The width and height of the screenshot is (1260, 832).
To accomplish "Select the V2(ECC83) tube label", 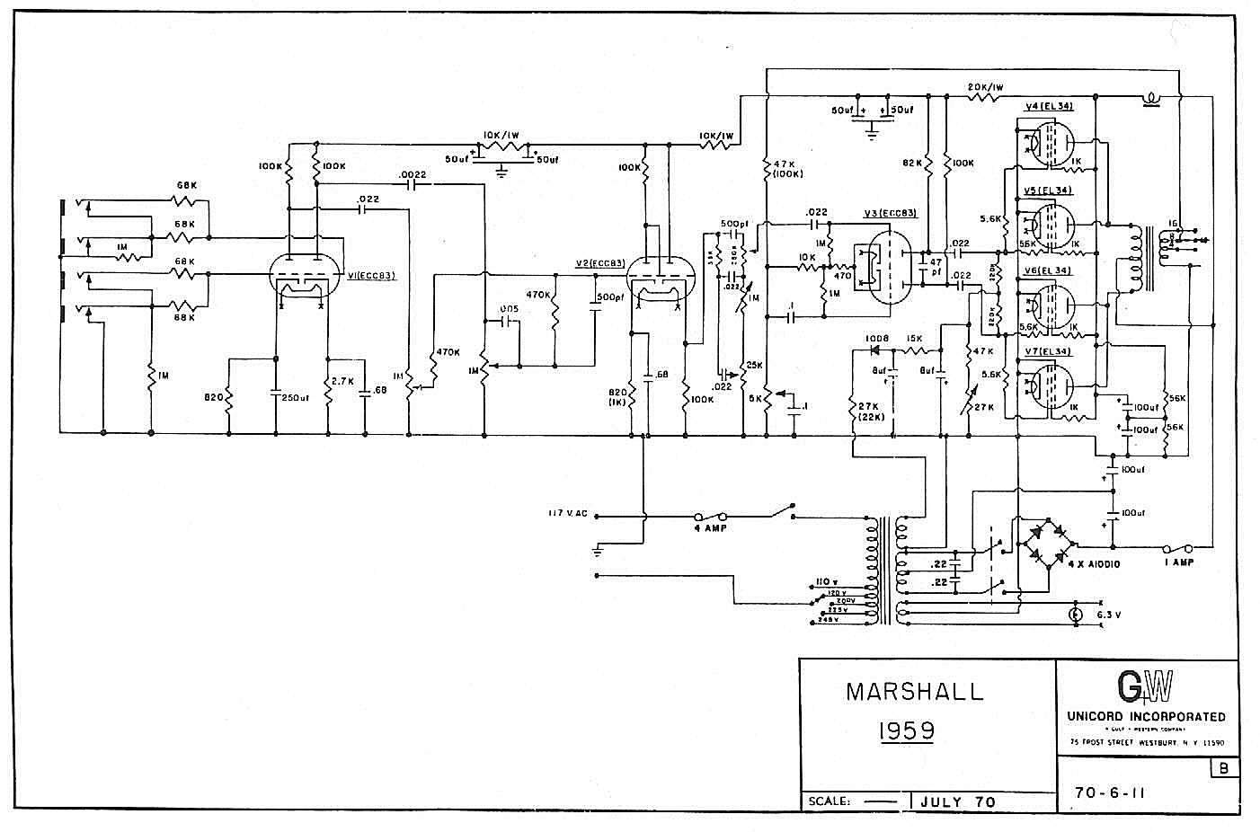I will [600, 262].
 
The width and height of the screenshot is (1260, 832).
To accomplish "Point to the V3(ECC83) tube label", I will [890, 213].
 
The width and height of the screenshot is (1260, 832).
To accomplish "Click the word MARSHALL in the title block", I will [915, 692].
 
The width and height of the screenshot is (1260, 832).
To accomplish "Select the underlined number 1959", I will [904, 730].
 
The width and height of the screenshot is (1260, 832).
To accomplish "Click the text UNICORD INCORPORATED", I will [1146, 716].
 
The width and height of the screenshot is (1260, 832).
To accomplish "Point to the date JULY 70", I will [959, 801].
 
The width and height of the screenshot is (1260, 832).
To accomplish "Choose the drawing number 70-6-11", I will [1109, 793].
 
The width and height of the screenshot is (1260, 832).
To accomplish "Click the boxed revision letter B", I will [1223, 768].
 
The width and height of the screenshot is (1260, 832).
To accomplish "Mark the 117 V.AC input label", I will [568, 514].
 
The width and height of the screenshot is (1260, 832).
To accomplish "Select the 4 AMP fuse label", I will [709, 528].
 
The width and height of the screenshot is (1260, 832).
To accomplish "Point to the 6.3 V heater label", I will [1111, 615].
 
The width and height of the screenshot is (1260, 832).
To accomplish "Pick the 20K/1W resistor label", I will [985, 86].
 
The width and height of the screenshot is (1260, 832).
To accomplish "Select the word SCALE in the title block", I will [829, 801].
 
